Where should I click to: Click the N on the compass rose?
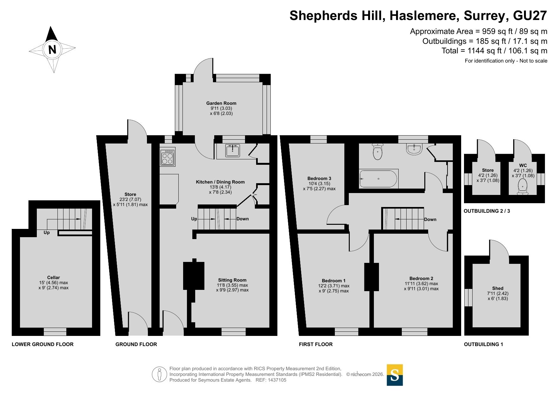coord(52,50)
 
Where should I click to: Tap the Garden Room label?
coord(221,103)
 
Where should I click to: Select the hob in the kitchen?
coord(167,158)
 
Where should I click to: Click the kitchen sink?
coord(233,150)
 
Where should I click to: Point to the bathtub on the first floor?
coord(378,179)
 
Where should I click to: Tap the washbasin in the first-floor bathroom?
coord(414,149)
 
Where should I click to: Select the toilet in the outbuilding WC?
coord(522,186)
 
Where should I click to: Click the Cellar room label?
coord(54,277)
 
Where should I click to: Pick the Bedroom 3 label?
coord(319,178)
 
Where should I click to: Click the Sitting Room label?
coord(232,280)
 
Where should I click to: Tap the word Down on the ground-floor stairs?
coord(242,219)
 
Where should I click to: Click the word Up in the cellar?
coord(47,233)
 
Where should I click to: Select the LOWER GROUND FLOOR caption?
coord(43,344)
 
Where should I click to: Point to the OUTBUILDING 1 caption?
coord(483,344)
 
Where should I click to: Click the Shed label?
coord(498,288)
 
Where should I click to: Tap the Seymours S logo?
coord(395,375)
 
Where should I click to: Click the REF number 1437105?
coord(277,380)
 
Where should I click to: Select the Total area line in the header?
coord(494,51)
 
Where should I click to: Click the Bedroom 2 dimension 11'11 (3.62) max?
coord(421,284)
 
